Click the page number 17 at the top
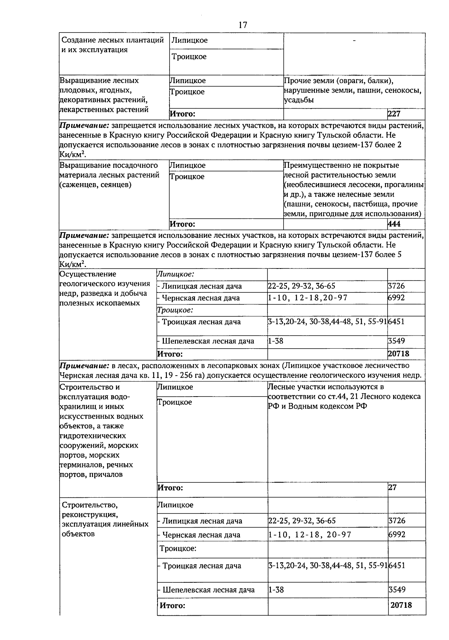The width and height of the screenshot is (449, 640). [x=242, y=25]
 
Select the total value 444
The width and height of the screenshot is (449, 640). [x=394, y=224]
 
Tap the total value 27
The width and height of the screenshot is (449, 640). [x=392, y=487]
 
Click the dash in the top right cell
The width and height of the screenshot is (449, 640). [x=354, y=40]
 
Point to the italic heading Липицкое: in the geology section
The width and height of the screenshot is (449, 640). [x=175, y=274]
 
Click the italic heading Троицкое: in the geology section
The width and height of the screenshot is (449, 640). [x=175, y=310]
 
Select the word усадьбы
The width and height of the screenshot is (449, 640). [x=299, y=100]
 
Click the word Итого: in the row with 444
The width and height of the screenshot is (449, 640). [x=182, y=224]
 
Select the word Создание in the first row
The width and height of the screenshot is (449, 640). [x=77, y=40]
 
